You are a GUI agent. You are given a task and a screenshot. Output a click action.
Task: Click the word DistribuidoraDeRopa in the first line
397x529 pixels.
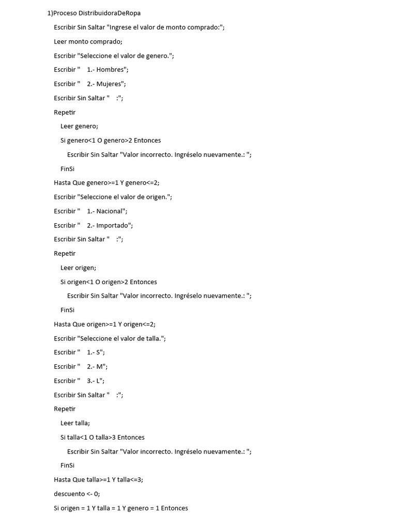(x=109, y=13)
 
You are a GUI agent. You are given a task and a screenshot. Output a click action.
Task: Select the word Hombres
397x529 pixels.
(x=111, y=70)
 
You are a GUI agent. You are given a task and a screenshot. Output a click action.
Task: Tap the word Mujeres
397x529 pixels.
(x=110, y=84)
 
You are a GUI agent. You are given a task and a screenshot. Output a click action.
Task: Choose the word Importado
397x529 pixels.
(x=114, y=225)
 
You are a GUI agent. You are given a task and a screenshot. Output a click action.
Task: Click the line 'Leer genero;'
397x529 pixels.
(x=79, y=126)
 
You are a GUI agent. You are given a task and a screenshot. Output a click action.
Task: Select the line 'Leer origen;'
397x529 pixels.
(x=78, y=268)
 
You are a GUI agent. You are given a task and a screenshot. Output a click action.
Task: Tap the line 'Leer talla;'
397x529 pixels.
(x=75, y=423)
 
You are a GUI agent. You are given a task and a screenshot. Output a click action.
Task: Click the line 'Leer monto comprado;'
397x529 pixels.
(x=88, y=41)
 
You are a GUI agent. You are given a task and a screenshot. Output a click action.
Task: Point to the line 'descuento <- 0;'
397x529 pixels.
(x=77, y=493)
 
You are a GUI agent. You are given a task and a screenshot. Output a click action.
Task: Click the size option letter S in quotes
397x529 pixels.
(x=99, y=352)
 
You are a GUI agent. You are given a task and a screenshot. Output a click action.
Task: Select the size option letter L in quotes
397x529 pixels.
(x=99, y=381)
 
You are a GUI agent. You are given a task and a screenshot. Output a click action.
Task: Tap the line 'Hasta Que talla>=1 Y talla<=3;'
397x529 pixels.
(x=98, y=479)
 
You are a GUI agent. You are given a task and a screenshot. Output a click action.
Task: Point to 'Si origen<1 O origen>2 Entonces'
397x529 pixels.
(x=109, y=282)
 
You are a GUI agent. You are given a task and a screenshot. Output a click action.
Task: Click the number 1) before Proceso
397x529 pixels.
(x=50, y=13)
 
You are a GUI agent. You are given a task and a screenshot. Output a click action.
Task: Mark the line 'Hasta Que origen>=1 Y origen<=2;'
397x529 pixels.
(x=104, y=324)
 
